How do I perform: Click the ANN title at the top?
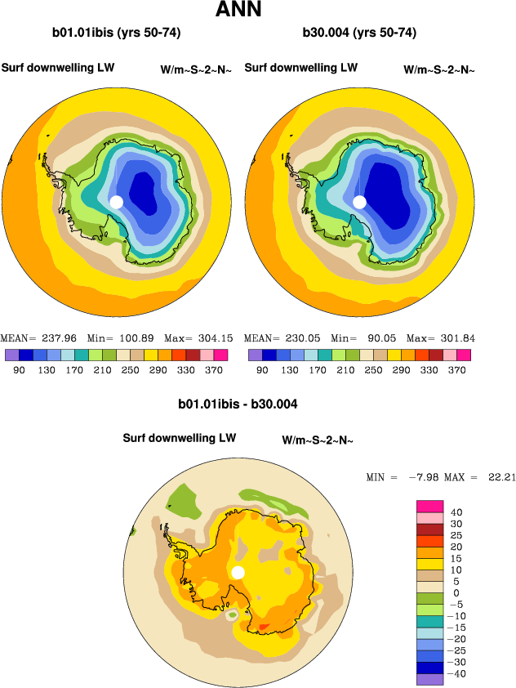(239, 11)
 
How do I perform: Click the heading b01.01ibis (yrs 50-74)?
(116, 34)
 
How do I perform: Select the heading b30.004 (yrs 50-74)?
(360, 34)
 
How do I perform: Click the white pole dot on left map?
(116, 202)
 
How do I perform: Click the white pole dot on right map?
(359, 202)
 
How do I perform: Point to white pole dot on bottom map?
(238, 572)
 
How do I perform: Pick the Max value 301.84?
(458, 338)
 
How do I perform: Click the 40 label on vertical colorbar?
(456, 512)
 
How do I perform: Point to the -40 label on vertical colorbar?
(459, 674)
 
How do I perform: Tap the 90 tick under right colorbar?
(261, 370)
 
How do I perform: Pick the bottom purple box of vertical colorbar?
(429, 679)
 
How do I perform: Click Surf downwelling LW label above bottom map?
(180, 438)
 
